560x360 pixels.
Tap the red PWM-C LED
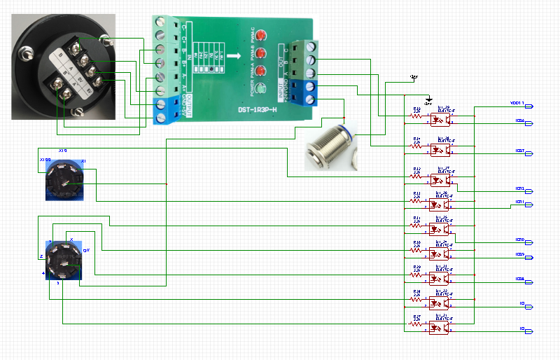click(260, 36)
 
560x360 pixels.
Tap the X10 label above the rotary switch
click(63, 151)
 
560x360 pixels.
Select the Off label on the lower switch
click(86, 249)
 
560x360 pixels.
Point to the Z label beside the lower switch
click(42, 256)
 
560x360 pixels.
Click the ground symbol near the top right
click(430, 99)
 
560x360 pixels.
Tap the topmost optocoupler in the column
click(438, 119)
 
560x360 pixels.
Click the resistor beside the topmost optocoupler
click(416, 116)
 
